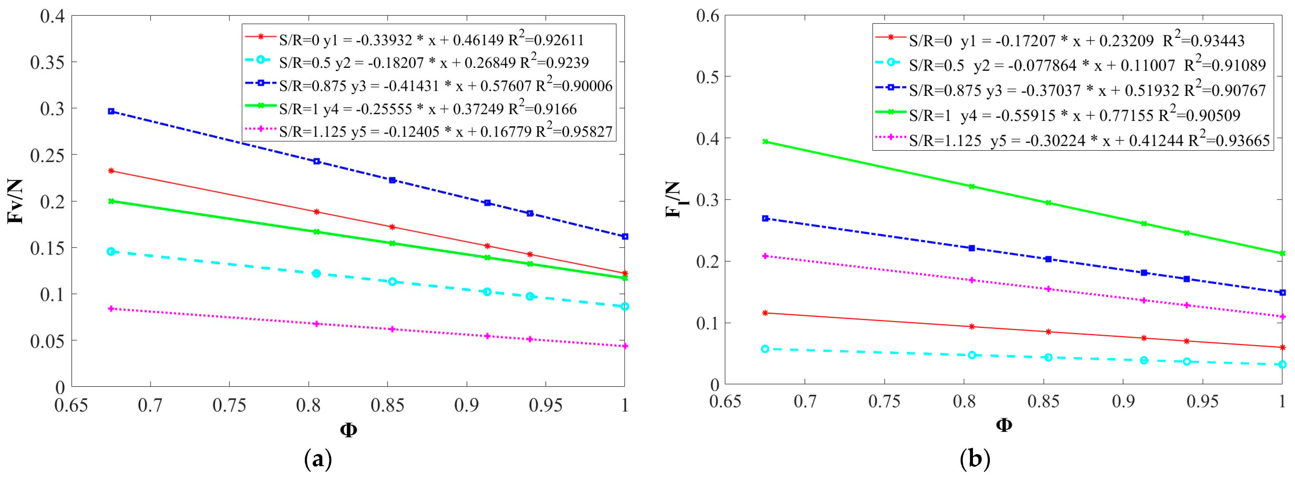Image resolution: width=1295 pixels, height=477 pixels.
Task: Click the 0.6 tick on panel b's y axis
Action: click(708, 16)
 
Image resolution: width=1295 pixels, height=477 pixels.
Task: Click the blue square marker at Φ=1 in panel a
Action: click(625, 236)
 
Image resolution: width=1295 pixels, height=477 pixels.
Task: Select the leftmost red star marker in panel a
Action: click(111, 171)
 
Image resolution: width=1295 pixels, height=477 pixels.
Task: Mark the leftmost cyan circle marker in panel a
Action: click(111, 251)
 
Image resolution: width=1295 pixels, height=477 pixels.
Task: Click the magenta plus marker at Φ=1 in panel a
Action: click(625, 346)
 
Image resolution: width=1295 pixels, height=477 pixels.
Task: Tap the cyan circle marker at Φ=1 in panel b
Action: click(1282, 364)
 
